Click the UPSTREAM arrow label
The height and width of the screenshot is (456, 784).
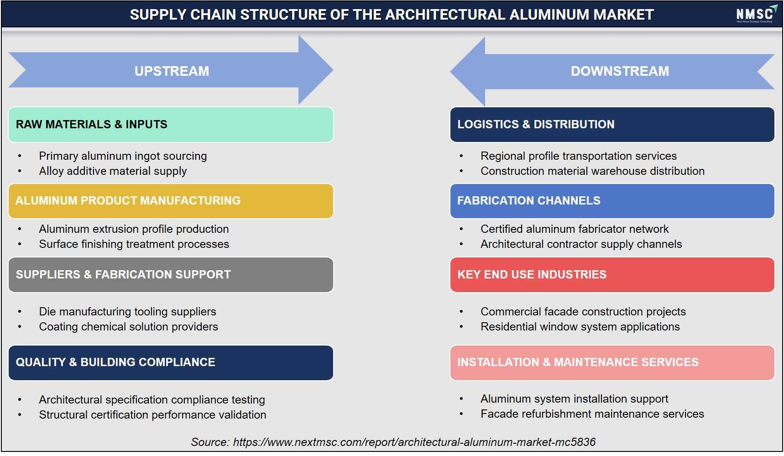[172, 71]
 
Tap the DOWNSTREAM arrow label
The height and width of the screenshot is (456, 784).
[620, 71]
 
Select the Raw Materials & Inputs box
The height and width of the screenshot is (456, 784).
[171, 125]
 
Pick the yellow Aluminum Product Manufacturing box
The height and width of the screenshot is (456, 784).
[171, 201]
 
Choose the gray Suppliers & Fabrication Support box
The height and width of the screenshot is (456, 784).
[171, 275]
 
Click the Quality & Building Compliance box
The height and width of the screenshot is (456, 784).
[171, 362]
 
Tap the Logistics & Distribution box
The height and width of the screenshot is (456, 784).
[612, 125]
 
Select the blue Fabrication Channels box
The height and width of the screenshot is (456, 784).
[612, 201]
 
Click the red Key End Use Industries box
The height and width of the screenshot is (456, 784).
[612, 275]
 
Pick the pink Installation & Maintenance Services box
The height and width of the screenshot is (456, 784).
[612, 362]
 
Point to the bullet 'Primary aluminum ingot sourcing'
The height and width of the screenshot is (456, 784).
[123, 156]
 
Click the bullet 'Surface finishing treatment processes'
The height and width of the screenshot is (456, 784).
[134, 244]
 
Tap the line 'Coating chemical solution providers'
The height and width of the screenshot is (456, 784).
[128, 327]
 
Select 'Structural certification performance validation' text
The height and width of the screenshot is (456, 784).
[152, 415]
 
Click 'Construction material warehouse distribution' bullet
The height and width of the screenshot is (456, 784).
[592, 171]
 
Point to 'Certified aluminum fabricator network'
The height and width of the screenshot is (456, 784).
[575, 229]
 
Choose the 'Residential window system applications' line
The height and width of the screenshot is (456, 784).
[580, 327]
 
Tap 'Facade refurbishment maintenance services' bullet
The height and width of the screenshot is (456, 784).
[592, 414]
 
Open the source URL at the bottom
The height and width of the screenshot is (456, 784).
[414, 442]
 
